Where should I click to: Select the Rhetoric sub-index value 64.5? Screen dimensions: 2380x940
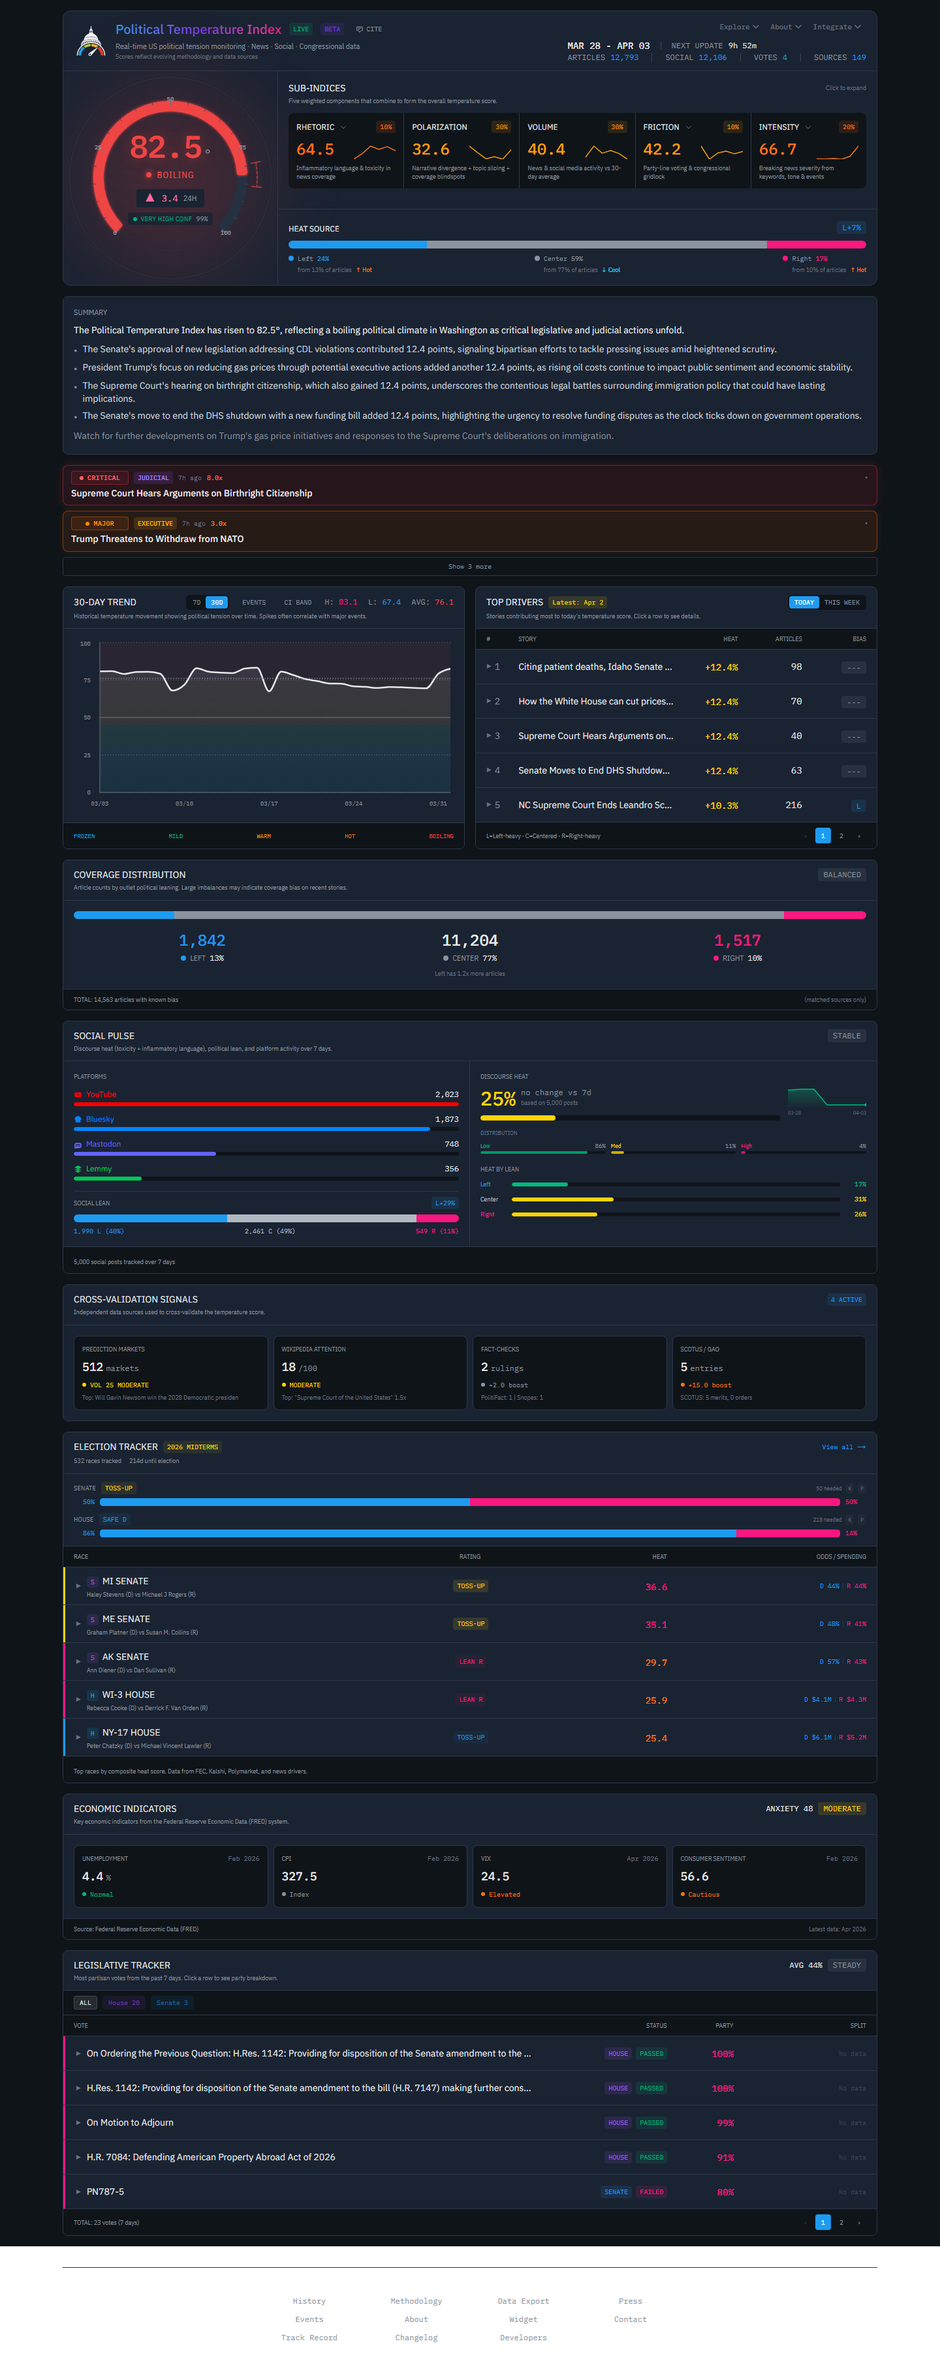[x=315, y=149]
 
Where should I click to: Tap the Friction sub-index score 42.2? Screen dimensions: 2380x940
[x=662, y=149]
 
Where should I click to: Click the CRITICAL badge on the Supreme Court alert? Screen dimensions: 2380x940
[x=100, y=477]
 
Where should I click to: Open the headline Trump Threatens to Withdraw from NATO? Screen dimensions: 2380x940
[x=157, y=539]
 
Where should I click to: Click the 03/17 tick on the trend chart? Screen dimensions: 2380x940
[x=269, y=804]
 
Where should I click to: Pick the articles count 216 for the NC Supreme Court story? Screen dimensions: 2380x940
[x=793, y=805]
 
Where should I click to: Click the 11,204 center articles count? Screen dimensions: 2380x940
[x=469, y=941]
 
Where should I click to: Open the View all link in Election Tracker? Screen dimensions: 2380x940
[x=843, y=1447]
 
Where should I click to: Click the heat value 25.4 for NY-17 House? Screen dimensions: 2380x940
[x=656, y=1738]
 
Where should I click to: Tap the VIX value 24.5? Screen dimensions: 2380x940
[x=495, y=1876]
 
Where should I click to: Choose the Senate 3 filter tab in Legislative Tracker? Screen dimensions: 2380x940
[x=172, y=2003]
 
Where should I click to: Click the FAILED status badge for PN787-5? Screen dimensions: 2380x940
[x=651, y=2192]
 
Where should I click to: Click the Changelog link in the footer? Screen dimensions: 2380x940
[x=416, y=2338]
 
